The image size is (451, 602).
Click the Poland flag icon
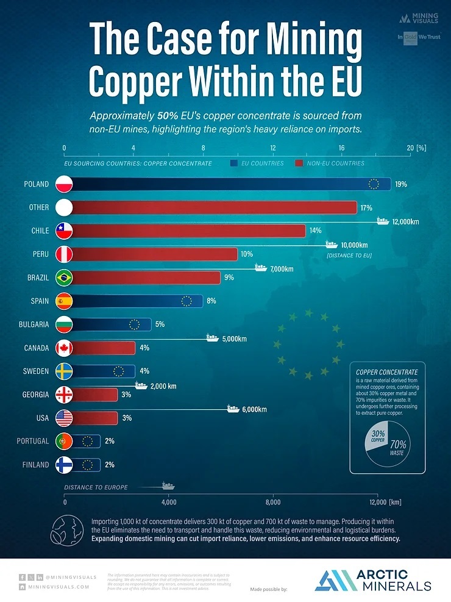click(x=64, y=184)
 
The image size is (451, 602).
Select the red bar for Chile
click(x=189, y=231)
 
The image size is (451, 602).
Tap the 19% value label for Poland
click(x=401, y=184)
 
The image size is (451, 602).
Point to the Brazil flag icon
click(x=64, y=278)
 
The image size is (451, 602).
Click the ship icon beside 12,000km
click(x=383, y=221)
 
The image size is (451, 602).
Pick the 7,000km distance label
click(x=282, y=268)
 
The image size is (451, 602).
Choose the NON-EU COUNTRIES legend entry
click(x=335, y=163)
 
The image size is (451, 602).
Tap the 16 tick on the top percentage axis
click(x=342, y=148)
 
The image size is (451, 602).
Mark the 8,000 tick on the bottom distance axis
click(x=273, y=502)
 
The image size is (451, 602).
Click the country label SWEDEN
click(x=35, y=371)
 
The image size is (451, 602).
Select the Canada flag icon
click(x=64, y=348)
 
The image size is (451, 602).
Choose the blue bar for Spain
click(x=137, y=301)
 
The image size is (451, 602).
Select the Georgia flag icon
click(x=64, y=395)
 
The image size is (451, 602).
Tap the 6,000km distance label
click(x=255, y=409)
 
